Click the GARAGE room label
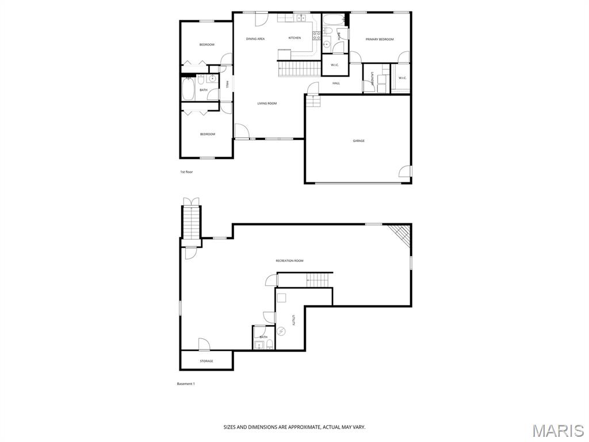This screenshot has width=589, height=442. point(358,140)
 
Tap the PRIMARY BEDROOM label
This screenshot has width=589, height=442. point(380,39)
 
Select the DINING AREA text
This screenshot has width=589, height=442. point(255,39)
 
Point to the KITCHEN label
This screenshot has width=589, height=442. point(294,38)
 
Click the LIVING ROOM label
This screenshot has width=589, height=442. point(267,104)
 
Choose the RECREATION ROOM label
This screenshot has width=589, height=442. point(289,261)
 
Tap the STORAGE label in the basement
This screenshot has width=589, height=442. point(206,361)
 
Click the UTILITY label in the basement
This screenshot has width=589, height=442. point(293,320)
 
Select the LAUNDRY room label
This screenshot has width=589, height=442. point(372,79)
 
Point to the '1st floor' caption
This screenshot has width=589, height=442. point(186,172)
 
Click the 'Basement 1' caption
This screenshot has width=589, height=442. point(186,384)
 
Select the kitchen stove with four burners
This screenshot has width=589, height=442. point(317,36)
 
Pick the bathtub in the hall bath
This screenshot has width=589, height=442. point(188,89)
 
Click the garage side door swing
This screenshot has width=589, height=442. point(404,172)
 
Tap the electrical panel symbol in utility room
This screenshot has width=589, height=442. point(281,331)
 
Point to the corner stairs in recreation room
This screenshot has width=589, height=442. point(400,235)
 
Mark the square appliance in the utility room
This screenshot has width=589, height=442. point(281,298)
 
